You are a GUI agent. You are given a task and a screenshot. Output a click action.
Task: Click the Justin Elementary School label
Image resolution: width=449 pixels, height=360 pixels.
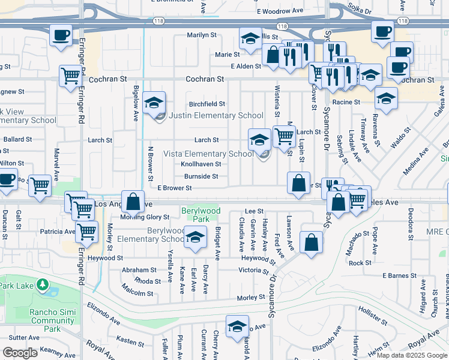point(216,116)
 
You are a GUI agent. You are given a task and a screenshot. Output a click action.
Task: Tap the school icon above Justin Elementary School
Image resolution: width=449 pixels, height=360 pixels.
point(155,103)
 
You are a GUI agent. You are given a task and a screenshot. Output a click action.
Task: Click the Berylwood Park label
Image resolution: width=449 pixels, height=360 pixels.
point(201,215)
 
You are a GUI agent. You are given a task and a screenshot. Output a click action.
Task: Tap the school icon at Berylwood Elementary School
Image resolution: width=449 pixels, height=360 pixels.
point(195,238)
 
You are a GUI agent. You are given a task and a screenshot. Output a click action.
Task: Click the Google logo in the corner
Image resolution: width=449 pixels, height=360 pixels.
point(20,353)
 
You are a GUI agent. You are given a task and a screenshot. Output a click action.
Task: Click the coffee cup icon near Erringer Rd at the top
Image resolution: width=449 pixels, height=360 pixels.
point(61,35)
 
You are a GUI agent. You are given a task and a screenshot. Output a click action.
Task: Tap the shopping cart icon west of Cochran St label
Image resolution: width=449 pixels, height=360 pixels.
point(71,76)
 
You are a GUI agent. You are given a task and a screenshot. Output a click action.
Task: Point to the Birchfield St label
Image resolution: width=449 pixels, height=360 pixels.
point(206,104)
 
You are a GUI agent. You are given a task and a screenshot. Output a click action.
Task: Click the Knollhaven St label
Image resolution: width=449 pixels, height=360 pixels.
point(201,164)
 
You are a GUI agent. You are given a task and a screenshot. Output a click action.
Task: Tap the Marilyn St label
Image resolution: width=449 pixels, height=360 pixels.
point(201,35)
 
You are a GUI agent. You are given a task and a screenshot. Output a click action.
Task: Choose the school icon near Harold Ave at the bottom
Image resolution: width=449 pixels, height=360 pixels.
point(237,326)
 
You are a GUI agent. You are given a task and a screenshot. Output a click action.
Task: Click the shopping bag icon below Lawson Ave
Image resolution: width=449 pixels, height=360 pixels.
point(312,243)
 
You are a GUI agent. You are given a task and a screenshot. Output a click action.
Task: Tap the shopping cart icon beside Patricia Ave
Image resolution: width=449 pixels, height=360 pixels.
point(88,230)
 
